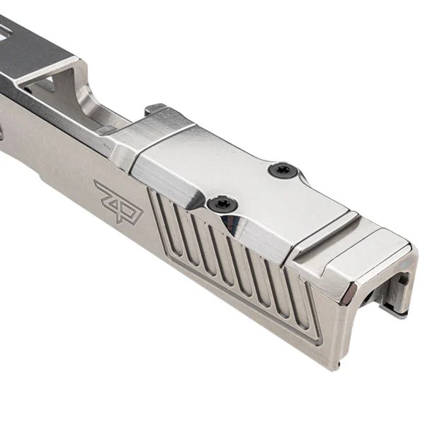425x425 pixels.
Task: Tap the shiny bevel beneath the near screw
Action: [241, 227]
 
